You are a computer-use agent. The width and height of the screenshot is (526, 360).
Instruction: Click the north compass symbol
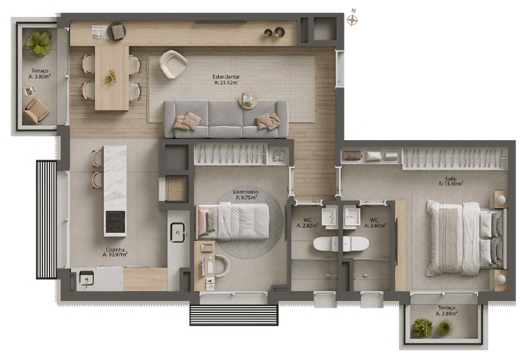(x=352, y=20)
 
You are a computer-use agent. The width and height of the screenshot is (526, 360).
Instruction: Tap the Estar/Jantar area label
(x=227, y=80)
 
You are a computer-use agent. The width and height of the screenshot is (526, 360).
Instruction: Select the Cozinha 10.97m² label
(x=115, y=252)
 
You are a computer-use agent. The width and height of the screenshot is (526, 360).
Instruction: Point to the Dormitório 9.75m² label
(x=246, y=195)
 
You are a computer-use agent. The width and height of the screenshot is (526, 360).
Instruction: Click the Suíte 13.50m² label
(x=450, y=181)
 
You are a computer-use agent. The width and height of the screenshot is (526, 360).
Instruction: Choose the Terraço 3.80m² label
(x=40, y=73)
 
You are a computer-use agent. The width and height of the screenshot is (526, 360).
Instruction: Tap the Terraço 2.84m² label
(x=446, y=311)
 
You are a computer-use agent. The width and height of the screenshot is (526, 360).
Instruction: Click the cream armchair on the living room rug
(x=173, y=64)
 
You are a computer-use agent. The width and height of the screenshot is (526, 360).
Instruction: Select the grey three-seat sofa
(x=226, y=119)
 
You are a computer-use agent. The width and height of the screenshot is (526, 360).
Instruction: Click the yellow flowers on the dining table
(x=110, y=77)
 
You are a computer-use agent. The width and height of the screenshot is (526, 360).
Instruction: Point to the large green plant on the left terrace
(x=39, y=43)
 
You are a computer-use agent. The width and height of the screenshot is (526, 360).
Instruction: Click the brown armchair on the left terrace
(x=36, y=110)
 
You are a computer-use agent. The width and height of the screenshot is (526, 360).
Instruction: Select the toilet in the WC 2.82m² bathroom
(x=326, y=244)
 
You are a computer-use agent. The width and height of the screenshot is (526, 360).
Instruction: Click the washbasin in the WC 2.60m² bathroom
(x=352, y=217)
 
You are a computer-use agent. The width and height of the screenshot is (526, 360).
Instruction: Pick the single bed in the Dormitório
(x=233, y=221)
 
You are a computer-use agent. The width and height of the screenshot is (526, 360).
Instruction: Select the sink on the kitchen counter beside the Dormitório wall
(x=177, y=232)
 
